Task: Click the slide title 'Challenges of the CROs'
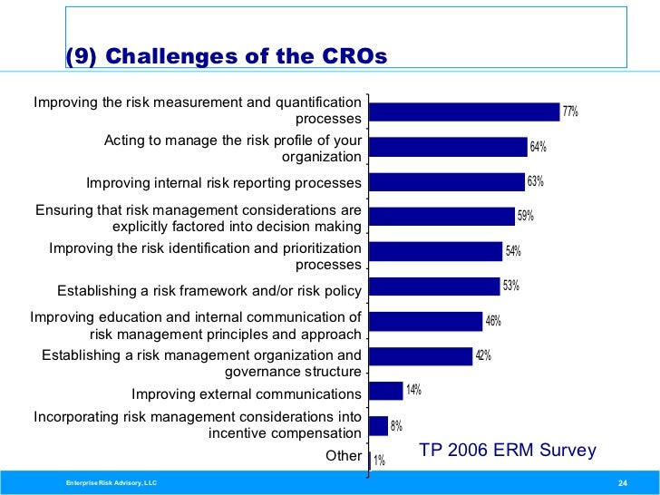[226, 57]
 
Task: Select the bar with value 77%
[465, 112]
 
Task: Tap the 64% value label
[539, 147]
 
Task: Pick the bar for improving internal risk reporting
[448, 181]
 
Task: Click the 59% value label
[526, 216]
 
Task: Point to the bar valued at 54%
[436, 251]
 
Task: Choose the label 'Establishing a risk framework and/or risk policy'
[209, 291]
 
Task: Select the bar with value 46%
[426, 321]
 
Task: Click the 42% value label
[483, 355]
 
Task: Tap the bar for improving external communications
[386, 391]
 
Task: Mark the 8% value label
[396, 426]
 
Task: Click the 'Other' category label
[344, 456]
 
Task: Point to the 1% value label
[379, 461]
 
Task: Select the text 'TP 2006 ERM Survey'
[508, 451]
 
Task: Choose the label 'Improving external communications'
[247, 394]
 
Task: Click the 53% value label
[511, 286]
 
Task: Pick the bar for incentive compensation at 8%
[379, 425]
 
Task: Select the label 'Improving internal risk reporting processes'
[224, 183]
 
